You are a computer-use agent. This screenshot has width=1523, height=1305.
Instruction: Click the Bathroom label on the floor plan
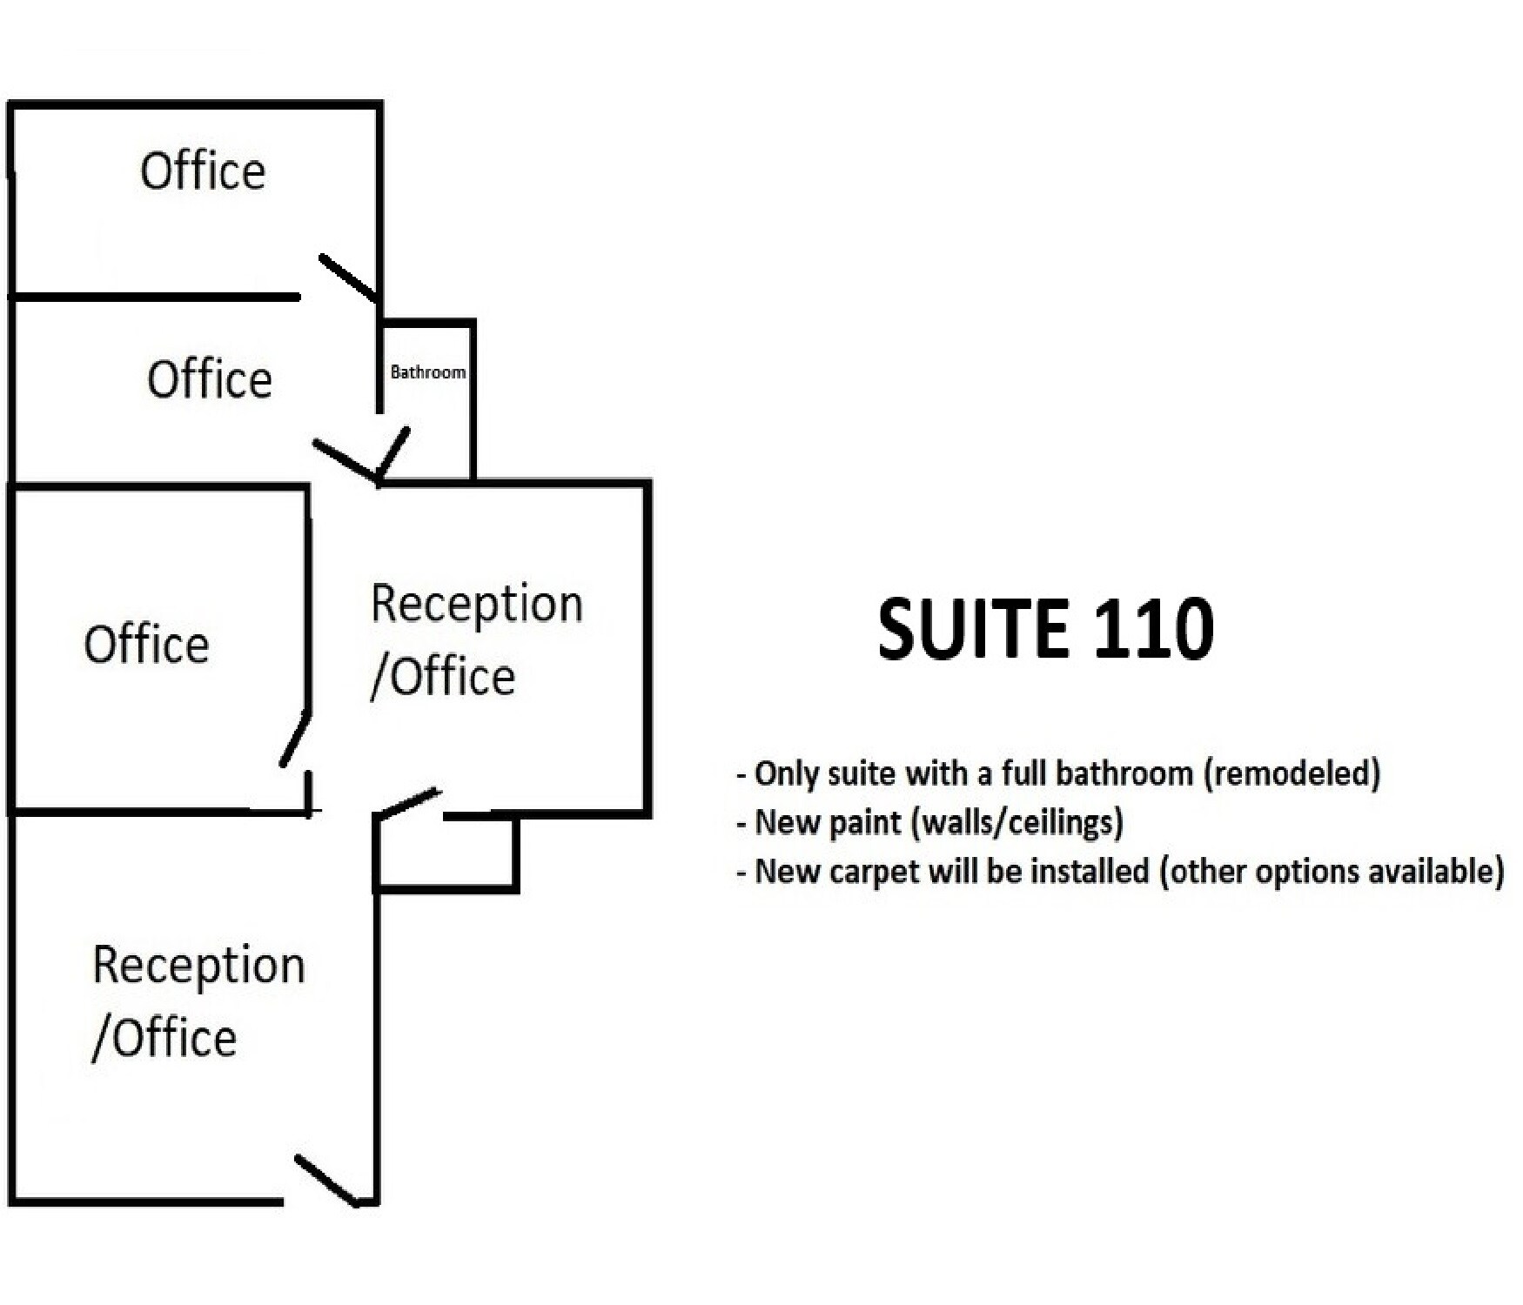pos(427,372)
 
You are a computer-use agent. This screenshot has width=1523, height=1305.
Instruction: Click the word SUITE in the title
pos(972,628)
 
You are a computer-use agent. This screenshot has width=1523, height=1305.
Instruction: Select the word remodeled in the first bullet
pos(1291,773)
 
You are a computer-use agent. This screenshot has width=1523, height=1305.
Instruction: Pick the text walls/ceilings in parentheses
pos(1017,822)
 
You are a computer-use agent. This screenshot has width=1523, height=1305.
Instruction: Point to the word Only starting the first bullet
pos(787,773)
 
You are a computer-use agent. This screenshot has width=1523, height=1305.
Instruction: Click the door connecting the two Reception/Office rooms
pos(407,804)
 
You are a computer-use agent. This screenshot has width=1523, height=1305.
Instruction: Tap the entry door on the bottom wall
pos(326,1181)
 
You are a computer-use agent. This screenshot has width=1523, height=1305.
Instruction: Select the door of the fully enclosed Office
pos(295,739)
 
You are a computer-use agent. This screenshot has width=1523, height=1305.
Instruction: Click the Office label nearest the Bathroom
pos(210,379)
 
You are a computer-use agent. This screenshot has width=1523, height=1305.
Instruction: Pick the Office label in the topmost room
pos(203,171)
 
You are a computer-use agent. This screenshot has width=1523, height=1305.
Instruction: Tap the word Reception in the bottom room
pos(199,966)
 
